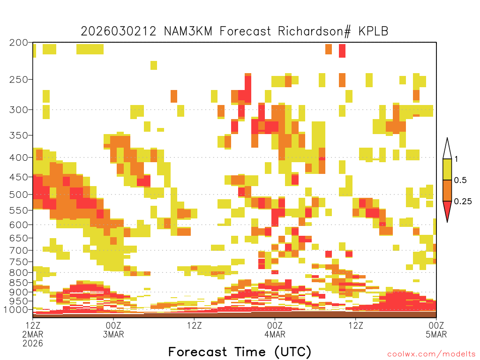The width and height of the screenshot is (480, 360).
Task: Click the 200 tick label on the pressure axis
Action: coord(19,43)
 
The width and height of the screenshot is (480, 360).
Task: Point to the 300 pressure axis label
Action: coord(19,110)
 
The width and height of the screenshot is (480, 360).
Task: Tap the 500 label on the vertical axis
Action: coord(19,195)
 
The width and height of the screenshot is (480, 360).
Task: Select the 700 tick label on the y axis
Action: coord(19,250)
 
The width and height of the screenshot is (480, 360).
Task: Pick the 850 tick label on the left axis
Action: coord(19,283)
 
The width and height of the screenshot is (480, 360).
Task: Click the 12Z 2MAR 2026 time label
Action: coord(33,334)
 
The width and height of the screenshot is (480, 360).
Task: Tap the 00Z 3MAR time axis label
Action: coord(113,330)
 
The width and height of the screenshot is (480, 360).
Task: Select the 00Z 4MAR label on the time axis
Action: coord(275,330)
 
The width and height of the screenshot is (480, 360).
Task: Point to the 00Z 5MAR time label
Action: coord(436,330)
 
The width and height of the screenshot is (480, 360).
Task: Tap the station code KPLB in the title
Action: coord(374,31)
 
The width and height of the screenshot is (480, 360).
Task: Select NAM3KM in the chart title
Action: coord(188,31)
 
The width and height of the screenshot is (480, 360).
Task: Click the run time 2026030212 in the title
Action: coord(119,31)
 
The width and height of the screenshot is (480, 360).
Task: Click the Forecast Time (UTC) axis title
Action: coord(240,352)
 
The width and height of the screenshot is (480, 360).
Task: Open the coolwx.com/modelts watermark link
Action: coord(432,354)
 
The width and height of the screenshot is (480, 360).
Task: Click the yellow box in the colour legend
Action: coord(447,169)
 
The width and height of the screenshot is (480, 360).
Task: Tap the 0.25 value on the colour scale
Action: coord(463,202)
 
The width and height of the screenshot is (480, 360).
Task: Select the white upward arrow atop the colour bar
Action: coord(447,149)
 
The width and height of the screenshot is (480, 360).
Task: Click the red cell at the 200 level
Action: coord(342,51)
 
